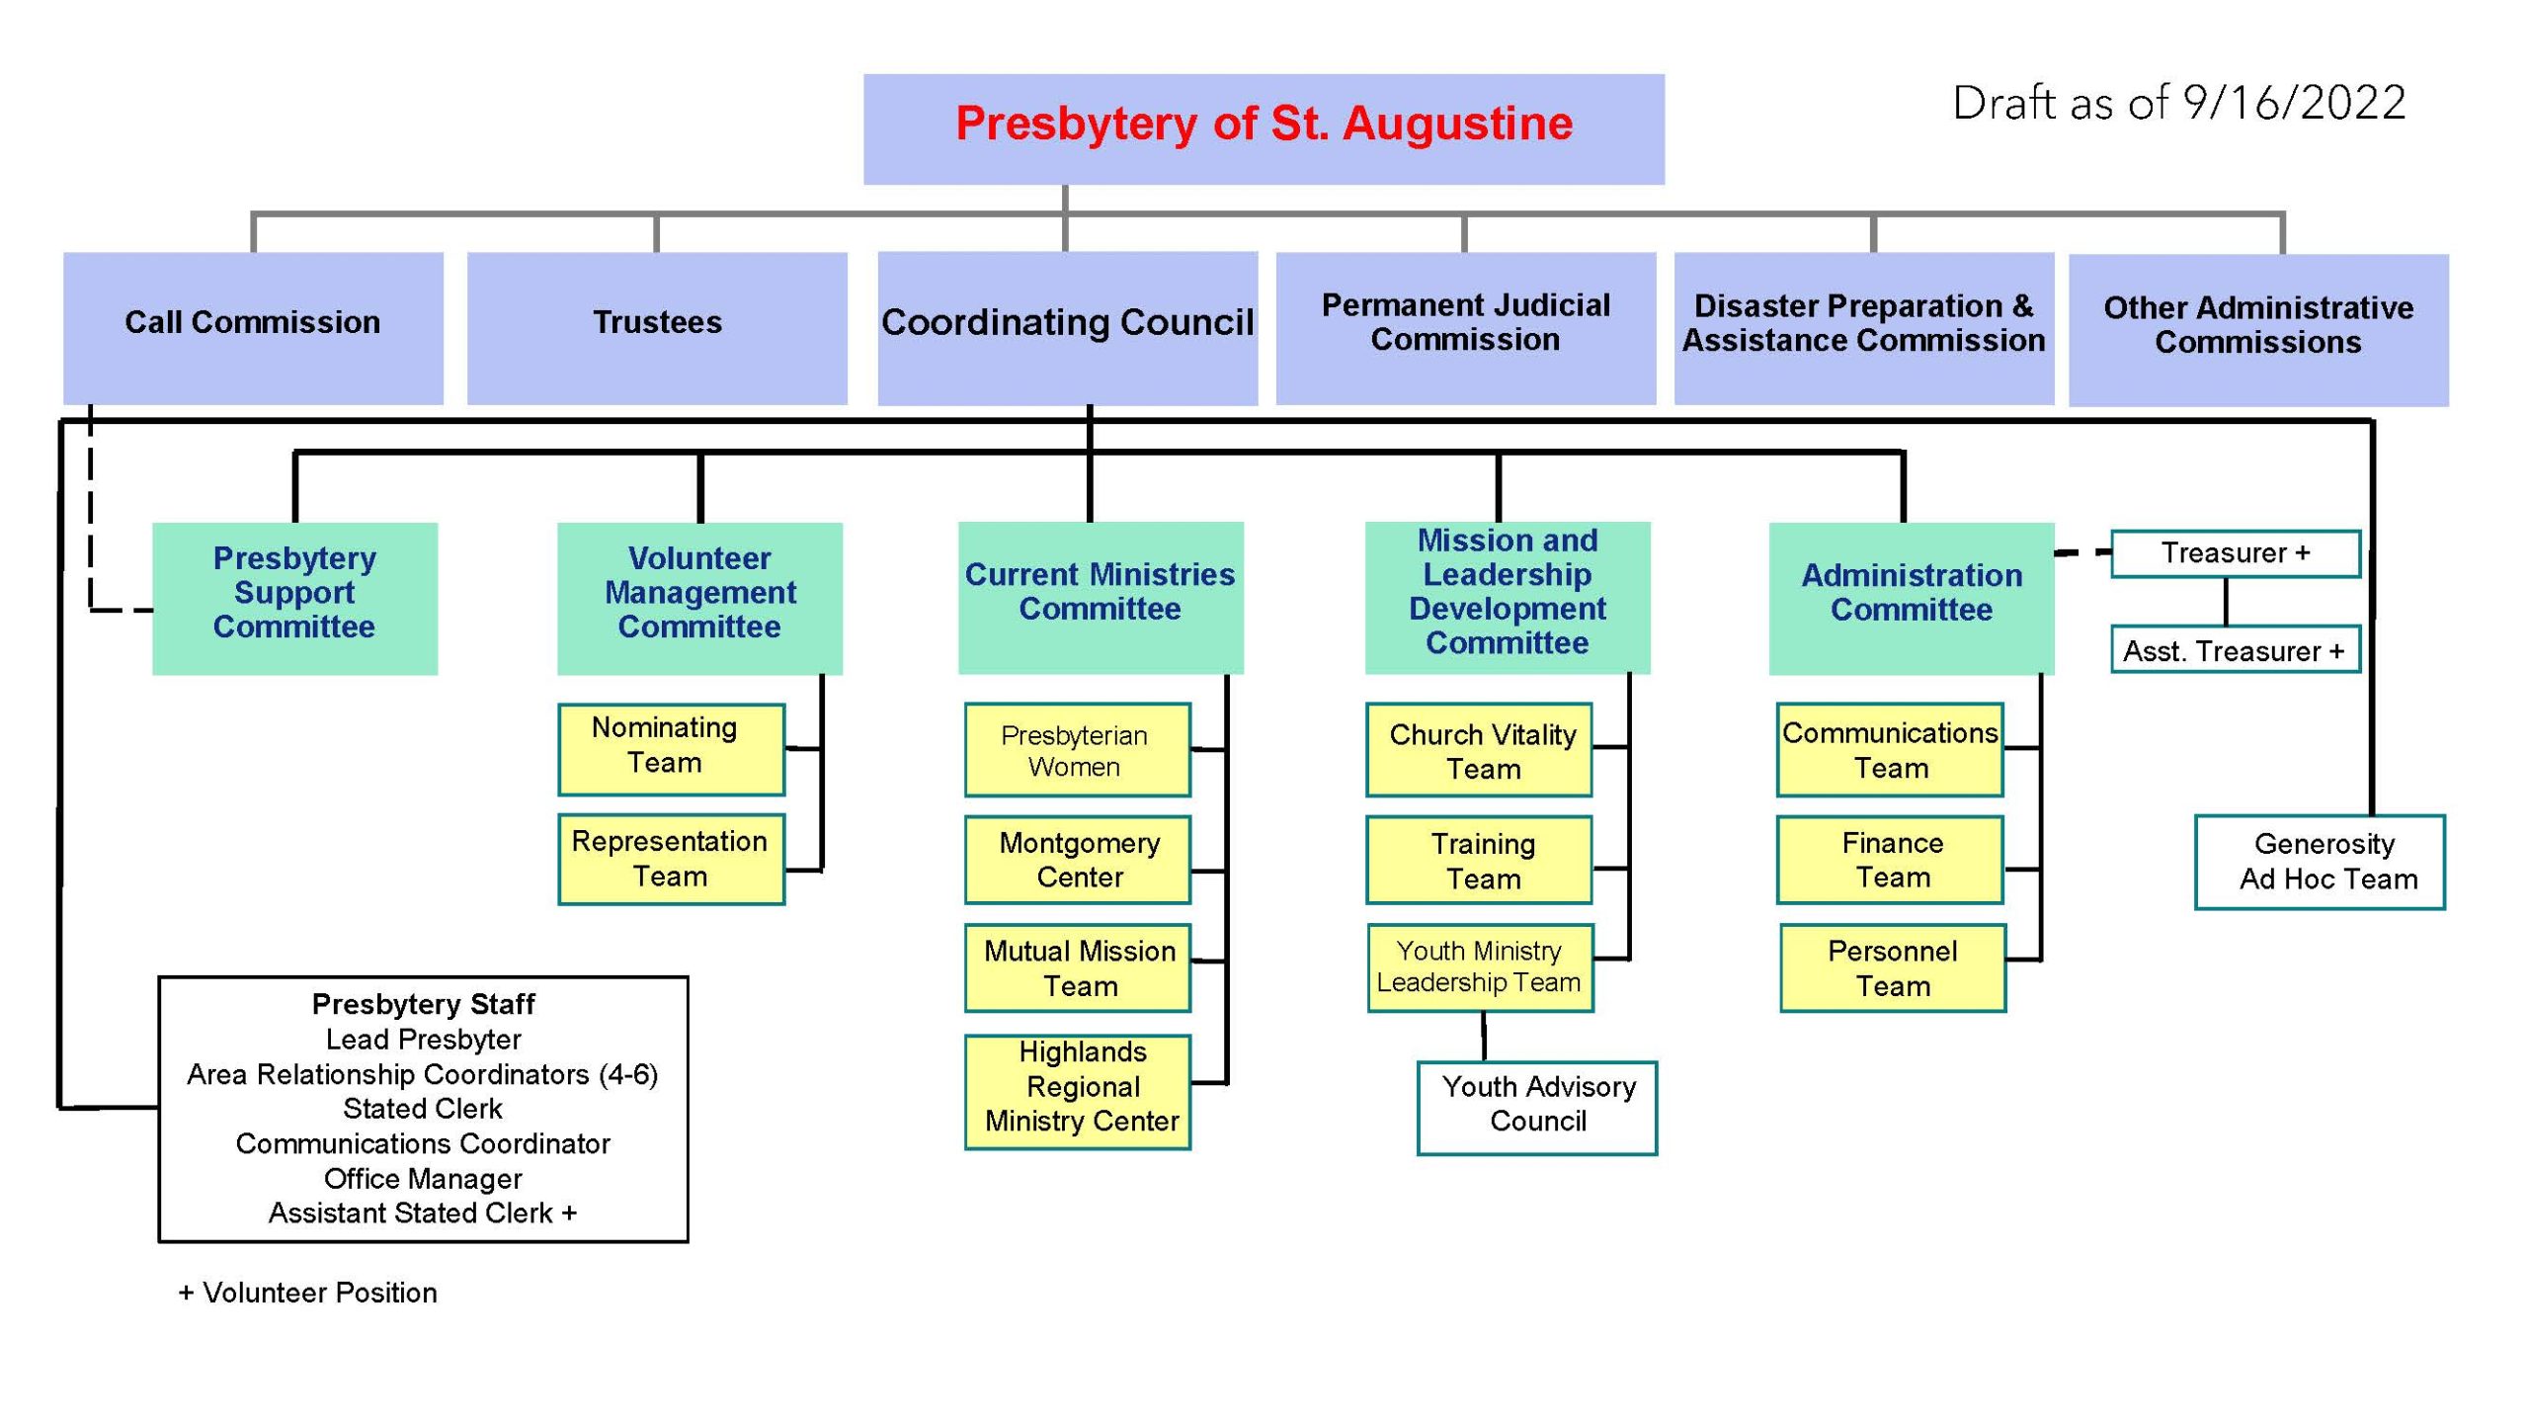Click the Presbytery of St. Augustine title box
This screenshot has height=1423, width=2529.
[x=1264, y=129]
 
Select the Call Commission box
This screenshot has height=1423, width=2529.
[x=253, y=328]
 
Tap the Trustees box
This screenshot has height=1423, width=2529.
[x=657, y=328]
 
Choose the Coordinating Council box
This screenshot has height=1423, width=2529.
[x=1068, y=328]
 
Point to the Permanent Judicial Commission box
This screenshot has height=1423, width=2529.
[x=1466, y=328]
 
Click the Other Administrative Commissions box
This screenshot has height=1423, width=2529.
[x=2258, y=330]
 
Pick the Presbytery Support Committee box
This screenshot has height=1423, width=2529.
[x=294, y=599]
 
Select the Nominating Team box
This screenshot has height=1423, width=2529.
[x=672, y=749]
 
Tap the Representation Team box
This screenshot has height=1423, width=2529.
[x=672, y=859]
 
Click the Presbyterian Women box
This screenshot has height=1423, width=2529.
[x=1078, y=750]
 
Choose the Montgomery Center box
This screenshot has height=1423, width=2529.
[x=1078, y=860]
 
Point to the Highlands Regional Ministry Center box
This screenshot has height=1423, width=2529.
[x=1078, y=1092]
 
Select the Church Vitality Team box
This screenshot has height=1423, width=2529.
[x=1479, y=750]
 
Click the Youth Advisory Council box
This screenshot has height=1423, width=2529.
[x=1537, y=1108]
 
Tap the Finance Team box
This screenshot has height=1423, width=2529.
[x=1890, y=860]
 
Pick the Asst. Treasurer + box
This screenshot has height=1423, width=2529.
[x=2236, y=649]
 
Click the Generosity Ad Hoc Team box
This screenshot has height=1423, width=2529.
[x=2320, y=862]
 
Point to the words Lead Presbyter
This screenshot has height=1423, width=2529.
[x=423, y=1040]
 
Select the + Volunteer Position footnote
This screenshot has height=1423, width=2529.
[x=307, y=1293]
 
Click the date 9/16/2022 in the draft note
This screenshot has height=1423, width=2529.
[x=2294, y=103]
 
